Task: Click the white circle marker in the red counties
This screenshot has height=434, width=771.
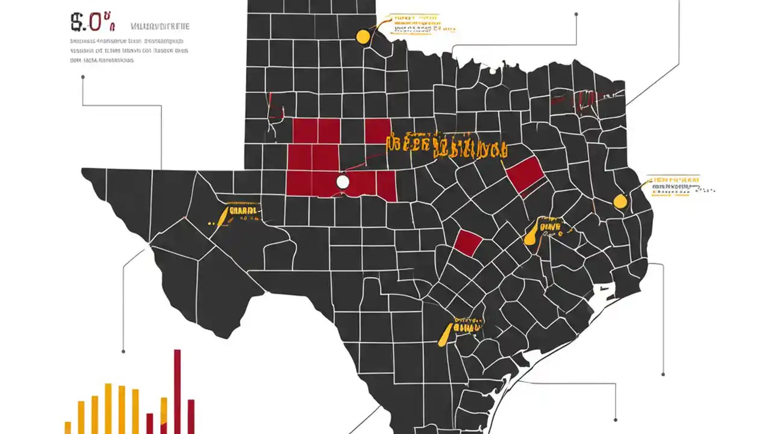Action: (x=343, y=181)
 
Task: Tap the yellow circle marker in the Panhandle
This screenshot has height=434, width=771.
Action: (x=363, y=37)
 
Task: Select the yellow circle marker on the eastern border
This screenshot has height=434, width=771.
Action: (x=619, y=201)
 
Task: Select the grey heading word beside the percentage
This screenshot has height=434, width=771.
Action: (x=160, y=27)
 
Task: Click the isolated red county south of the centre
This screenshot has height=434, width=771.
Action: (x=467, y=242)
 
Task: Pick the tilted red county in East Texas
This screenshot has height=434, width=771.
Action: (x=525, y=174)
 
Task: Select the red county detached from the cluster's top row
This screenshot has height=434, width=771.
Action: (x=378, y=131)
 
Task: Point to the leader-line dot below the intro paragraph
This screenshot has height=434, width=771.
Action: (x=83, y=77)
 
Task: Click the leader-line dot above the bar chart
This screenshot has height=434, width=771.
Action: (x=123, y=351)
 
